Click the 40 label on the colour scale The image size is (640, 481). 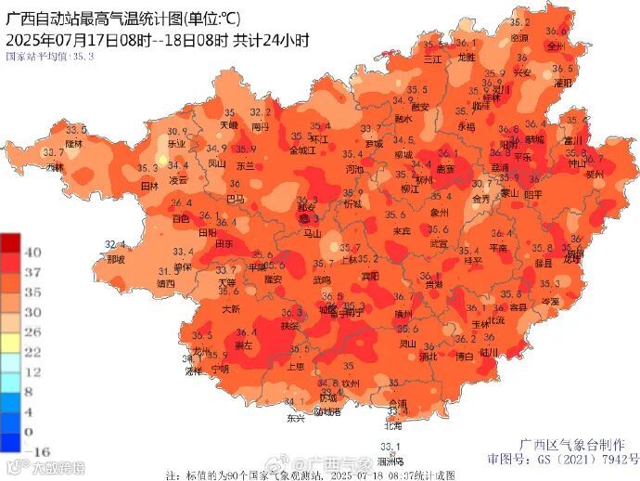pos(30,253)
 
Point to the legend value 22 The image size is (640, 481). pos(30,351)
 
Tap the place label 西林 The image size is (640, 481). pos(55,167)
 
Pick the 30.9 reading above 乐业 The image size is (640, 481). pos(177,132)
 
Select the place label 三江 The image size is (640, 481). pos(432,58)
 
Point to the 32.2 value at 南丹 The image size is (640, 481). pos(261,112)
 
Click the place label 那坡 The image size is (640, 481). pos(115,260)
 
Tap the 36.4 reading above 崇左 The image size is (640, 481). pos(246,332)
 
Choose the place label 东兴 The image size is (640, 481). pos(295,418)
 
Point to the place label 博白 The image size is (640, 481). pos(465,356)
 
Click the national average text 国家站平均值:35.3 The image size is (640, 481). pos(50,57)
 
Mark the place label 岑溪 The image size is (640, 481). pos(550,301)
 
